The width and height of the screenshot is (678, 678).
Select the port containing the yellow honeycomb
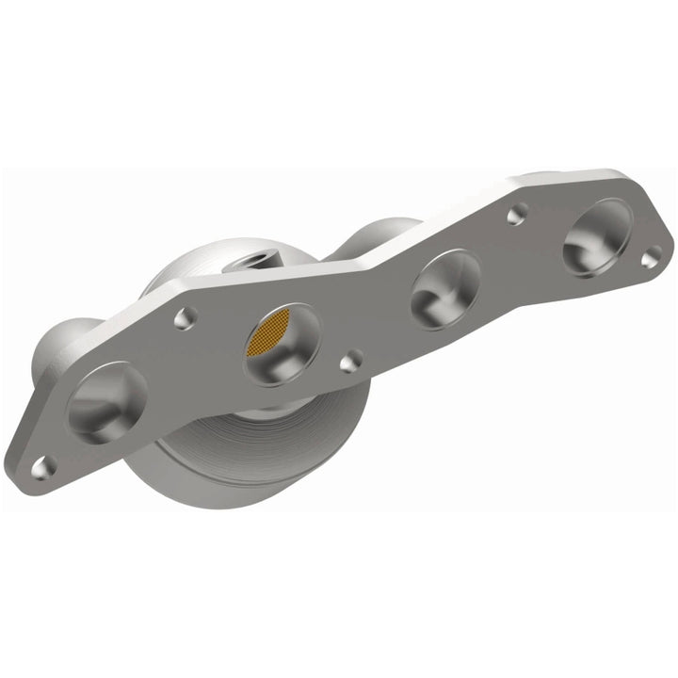coord(281,344)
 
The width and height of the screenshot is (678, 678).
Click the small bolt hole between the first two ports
coord(185,319)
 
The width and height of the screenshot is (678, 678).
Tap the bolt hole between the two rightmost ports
coord(515,216)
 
